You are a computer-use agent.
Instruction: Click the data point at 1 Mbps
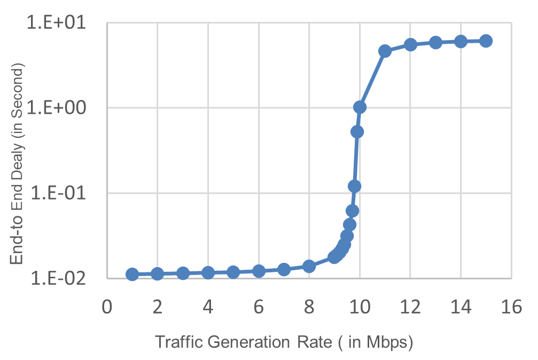point(132,274)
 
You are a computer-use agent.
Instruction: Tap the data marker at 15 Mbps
point(486,41)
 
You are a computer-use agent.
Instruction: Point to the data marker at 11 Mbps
point(385,51)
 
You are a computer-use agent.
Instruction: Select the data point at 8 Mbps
point(309,266)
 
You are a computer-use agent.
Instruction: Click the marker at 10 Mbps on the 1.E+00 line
point(360,107)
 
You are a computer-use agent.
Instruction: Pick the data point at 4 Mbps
point(208,272)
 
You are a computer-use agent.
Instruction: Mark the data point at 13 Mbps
point(435,42)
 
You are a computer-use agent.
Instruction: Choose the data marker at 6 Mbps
point(259,271)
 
